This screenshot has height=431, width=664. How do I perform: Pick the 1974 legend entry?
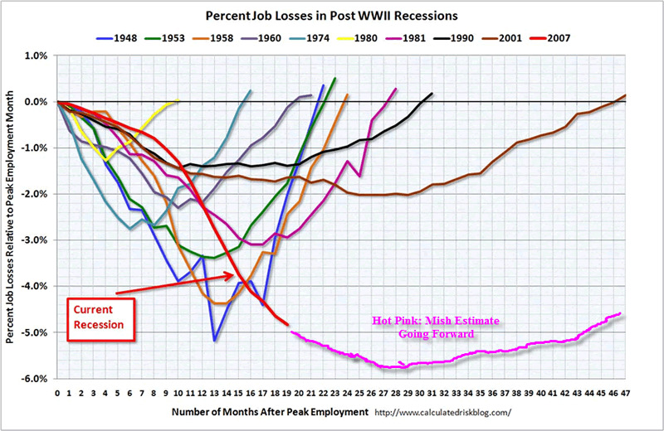318,36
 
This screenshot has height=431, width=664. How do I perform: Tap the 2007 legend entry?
551,36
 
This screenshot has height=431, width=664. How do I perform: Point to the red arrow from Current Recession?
174,285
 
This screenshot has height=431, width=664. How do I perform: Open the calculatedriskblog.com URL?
444,412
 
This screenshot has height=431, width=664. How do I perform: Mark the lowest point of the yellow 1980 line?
105,158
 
